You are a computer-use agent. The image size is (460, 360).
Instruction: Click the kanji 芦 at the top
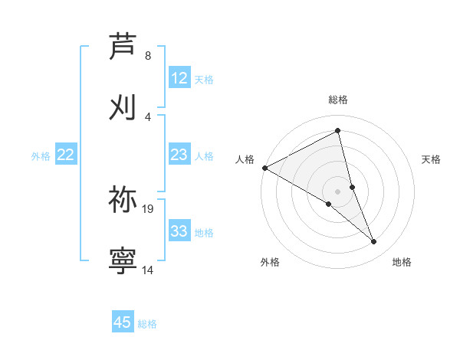[123, 47]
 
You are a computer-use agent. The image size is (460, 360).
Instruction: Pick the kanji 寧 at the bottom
[123, 260]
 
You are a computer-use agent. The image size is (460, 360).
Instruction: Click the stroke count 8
[148, 56]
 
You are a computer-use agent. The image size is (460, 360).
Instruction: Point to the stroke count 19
[148, 208]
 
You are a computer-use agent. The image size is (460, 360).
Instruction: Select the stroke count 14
[148, 270]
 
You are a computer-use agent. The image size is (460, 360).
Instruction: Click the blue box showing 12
[179, 78]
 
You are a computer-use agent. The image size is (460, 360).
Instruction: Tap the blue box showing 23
[179, 155]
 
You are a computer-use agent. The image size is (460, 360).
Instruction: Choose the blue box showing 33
[179, 231]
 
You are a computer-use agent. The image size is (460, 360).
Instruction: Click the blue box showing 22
[66, 155]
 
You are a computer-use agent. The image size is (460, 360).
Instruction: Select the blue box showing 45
[123, 322]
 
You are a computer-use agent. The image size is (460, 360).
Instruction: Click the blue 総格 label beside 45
[147, 324]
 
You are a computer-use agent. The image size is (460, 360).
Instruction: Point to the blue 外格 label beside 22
[41, 156]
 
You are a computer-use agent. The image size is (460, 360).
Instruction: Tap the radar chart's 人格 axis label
[245, 159]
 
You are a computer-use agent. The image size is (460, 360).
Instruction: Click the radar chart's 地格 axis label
[402, 262]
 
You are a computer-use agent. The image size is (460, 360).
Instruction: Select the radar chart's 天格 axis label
[432, 159]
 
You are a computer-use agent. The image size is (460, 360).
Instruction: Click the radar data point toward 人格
[264, 167]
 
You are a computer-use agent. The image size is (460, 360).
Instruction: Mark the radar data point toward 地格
[374, 242]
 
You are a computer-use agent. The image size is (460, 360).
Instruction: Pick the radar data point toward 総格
[338, 131]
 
